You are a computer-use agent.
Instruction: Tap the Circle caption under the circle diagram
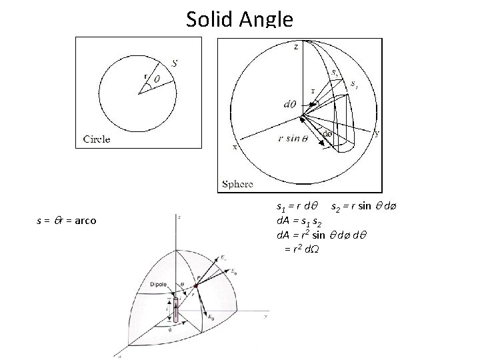[97, 140]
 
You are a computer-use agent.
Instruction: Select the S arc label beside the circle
[174, 63]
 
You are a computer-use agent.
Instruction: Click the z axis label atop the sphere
[296, 47]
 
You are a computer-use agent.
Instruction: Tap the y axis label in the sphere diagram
[377, 133]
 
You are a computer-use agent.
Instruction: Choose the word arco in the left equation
[85, 220]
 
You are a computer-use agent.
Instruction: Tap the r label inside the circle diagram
[145, 76]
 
